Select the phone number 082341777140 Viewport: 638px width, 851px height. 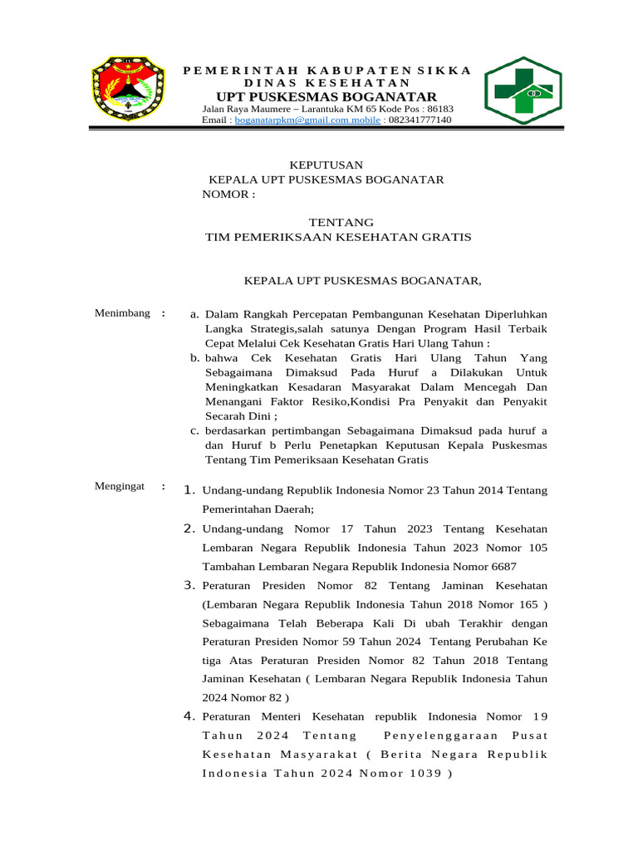click(420, 121)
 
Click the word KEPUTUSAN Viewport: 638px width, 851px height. click(326, 165)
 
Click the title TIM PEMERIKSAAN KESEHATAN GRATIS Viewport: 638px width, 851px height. click(338, 238)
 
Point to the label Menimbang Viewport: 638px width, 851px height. click(122, 313)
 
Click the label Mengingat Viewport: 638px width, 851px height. click(121, 485)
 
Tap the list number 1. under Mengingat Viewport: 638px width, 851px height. click(189, 489)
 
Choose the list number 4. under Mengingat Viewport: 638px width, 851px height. click(189, 716)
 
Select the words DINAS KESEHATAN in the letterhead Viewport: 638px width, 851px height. click(326, 83)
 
